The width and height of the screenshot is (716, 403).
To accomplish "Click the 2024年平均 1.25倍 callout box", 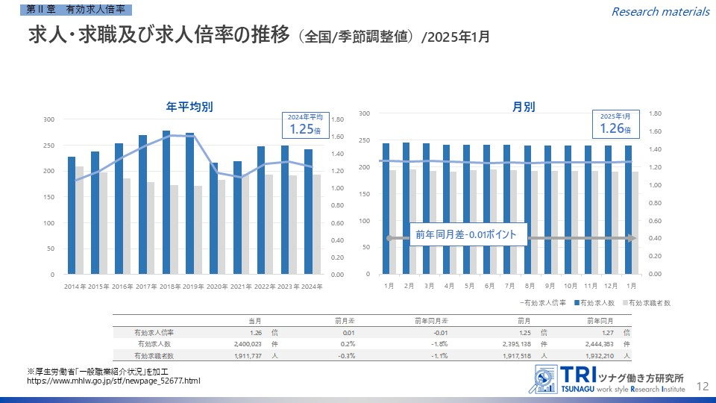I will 305,125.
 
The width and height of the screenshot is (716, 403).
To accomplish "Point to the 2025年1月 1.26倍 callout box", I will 615,125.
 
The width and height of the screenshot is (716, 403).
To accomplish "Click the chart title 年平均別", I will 189,107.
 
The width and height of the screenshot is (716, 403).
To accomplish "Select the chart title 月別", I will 523,107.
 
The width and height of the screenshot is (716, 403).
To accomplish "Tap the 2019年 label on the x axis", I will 192,287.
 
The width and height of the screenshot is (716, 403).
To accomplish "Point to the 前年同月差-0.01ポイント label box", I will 466,234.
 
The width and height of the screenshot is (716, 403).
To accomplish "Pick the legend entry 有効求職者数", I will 648,303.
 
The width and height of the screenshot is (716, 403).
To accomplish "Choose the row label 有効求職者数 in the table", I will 153,357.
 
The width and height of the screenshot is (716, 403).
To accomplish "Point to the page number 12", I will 701,386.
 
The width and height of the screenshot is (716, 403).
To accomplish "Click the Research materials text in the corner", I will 660,11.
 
